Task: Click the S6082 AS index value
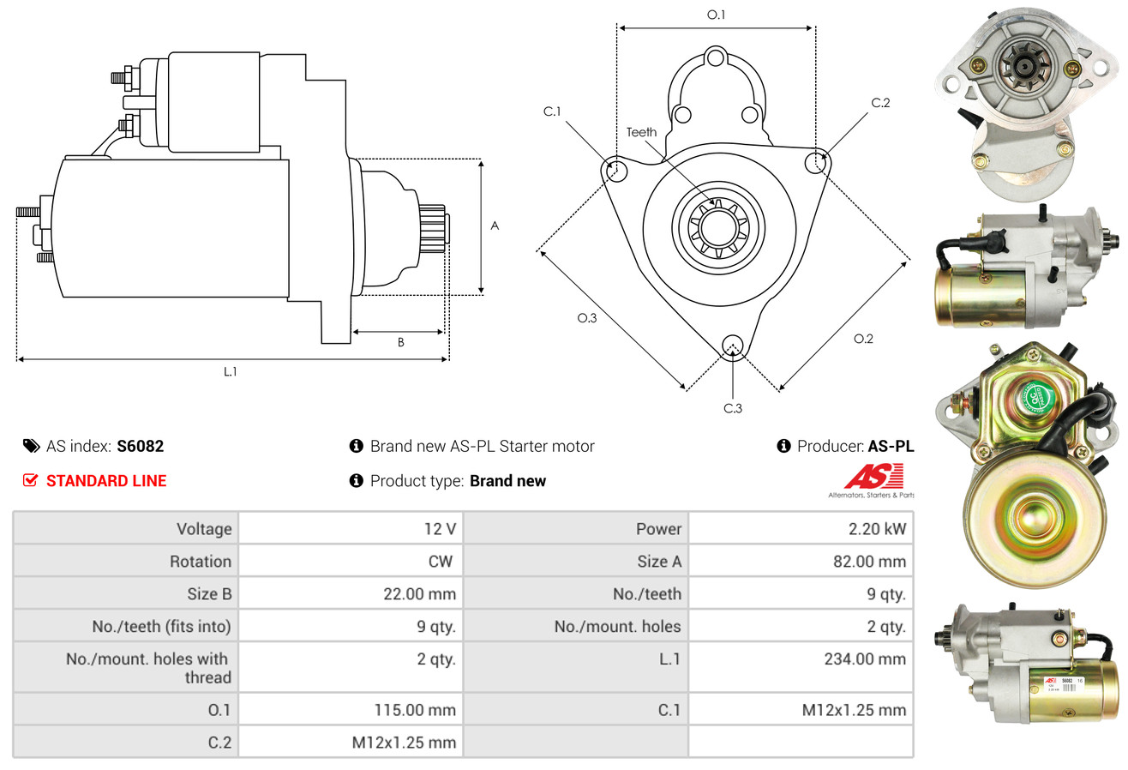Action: tap(140, 446)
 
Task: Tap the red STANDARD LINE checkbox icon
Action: tap(31, 481)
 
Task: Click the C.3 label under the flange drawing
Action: tap(733, 408)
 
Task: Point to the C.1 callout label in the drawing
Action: tap(552, 111)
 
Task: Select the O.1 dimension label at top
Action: tap(716, 15)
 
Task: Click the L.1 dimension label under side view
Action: tap(231, 371)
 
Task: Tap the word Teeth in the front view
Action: tap(641, 132)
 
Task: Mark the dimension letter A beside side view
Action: tap(495, 226)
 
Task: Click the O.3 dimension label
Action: tap(586, 318)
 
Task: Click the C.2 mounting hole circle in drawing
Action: tap(816, 160)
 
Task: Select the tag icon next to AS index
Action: tap(31, 446)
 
